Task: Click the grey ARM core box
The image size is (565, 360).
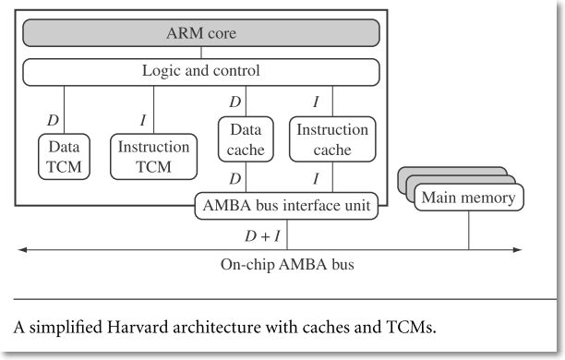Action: click(200, 34)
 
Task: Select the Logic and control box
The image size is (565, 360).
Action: click(200, 71)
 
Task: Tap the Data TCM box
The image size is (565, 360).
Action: click(64, 155)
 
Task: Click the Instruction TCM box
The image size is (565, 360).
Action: click(154, 155)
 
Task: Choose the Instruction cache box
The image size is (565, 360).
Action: click(331, 140)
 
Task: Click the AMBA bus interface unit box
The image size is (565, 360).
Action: click(287, 205)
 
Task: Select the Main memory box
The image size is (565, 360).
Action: click(468, 197)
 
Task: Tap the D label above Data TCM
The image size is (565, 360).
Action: click(53, 119)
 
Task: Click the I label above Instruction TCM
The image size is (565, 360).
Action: click(143, 119)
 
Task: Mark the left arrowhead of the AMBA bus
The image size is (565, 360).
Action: click(22, 249)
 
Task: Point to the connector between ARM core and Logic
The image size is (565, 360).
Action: click(200, 53)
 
